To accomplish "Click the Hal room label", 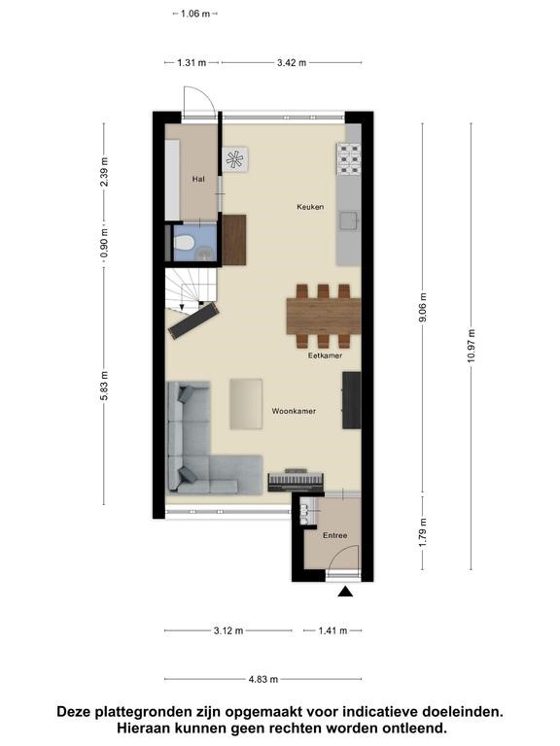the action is tap(198, 179).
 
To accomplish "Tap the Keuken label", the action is tap(310, 207).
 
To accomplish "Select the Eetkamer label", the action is tap(326, 355).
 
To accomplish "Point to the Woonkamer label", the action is tap(294, 411).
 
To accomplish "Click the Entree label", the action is tap(335, 535).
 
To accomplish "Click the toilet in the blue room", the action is tap(184, 243).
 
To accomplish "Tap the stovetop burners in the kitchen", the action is tap(349, 159).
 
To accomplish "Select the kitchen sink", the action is tap(348, 220).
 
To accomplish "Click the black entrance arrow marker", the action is tap(345, 592).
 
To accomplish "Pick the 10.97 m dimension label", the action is tap(472, 346).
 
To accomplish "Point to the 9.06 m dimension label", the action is tap(422, 308).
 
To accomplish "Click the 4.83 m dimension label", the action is tap(263, 679).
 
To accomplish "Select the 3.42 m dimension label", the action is tap(292, 62).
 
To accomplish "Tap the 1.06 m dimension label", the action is tap(195, 14).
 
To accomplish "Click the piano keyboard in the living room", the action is tap(296, 481).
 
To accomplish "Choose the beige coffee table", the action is tap(246, 404).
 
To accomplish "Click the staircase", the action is tap(191, 290).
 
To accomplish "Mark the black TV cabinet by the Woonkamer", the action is tap(351, 400).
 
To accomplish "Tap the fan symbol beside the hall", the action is tap(234, 159).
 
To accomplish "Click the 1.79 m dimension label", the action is tap(422, 532).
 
